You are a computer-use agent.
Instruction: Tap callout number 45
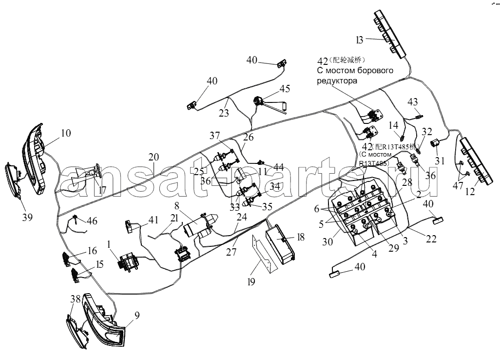point(284,88)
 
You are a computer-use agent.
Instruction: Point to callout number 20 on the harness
point(154,157)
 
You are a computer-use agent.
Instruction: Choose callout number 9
point(137,316)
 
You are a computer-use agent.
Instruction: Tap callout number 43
point(413,102)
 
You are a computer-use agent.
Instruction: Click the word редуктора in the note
point(337,81)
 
